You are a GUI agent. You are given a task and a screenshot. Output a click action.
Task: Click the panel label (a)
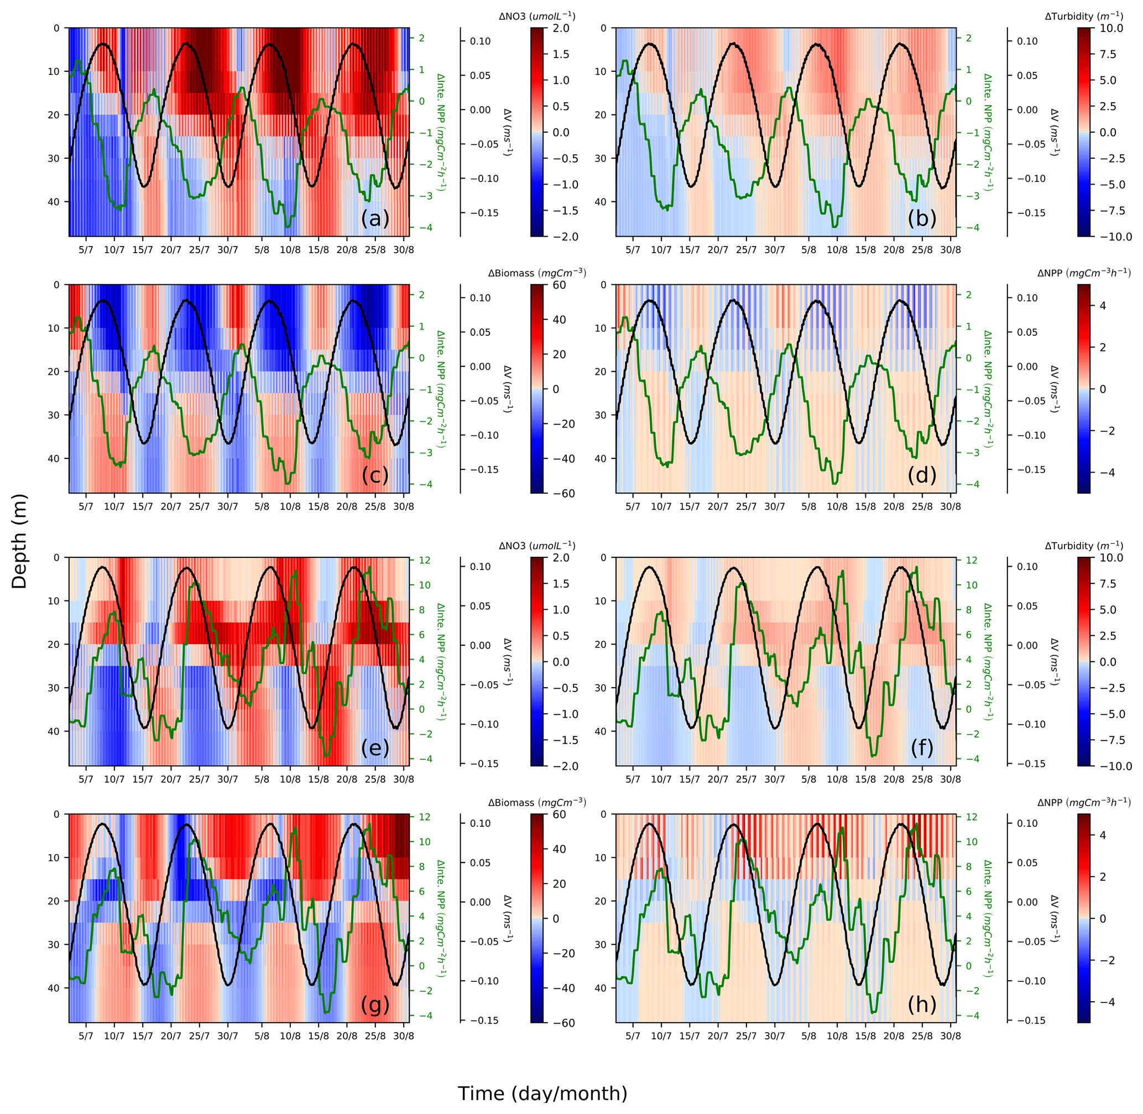point(374,218)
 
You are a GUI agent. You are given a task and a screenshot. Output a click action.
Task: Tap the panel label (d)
point(921,475)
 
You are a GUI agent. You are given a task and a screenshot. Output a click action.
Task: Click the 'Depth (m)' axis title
point(19,541)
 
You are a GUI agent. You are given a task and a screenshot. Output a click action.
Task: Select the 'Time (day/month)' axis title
point(542,1093)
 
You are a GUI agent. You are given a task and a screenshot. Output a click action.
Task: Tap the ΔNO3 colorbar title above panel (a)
point(537,17)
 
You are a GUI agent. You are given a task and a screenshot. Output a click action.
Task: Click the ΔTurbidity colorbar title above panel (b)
point(1084,17)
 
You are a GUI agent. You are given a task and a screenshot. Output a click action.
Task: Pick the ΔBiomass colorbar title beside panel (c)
point(537,273)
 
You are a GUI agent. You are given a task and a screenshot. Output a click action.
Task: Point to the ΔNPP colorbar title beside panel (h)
point(1084,802)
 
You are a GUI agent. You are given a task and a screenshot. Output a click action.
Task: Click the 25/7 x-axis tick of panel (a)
point(199,250)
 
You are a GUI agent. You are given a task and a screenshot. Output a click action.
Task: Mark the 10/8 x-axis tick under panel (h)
point(837,1035)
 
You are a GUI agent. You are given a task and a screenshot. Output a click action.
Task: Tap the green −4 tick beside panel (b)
point(972,228)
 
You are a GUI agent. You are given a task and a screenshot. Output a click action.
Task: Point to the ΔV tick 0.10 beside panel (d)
point(1028,298)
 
